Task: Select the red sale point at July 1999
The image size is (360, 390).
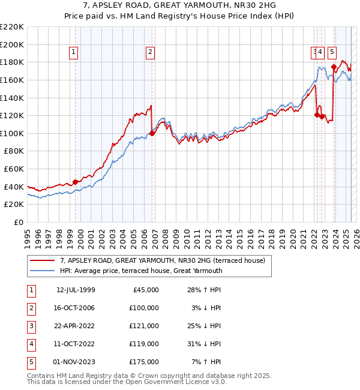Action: tap(75, 182)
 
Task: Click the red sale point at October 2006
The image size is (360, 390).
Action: tap(152, 133)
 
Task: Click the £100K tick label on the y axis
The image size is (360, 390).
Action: tap(12, 133)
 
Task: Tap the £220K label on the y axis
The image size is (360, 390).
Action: tap(12, 27)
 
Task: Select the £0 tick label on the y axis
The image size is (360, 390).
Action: tap(19, 222)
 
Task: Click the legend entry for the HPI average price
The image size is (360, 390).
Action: tap(141, 271)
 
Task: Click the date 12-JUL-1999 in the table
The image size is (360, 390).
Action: tap(76, 290)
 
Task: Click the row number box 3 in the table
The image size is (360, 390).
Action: tap(30, 326)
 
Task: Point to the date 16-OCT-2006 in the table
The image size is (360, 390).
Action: tap(76, 308)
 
